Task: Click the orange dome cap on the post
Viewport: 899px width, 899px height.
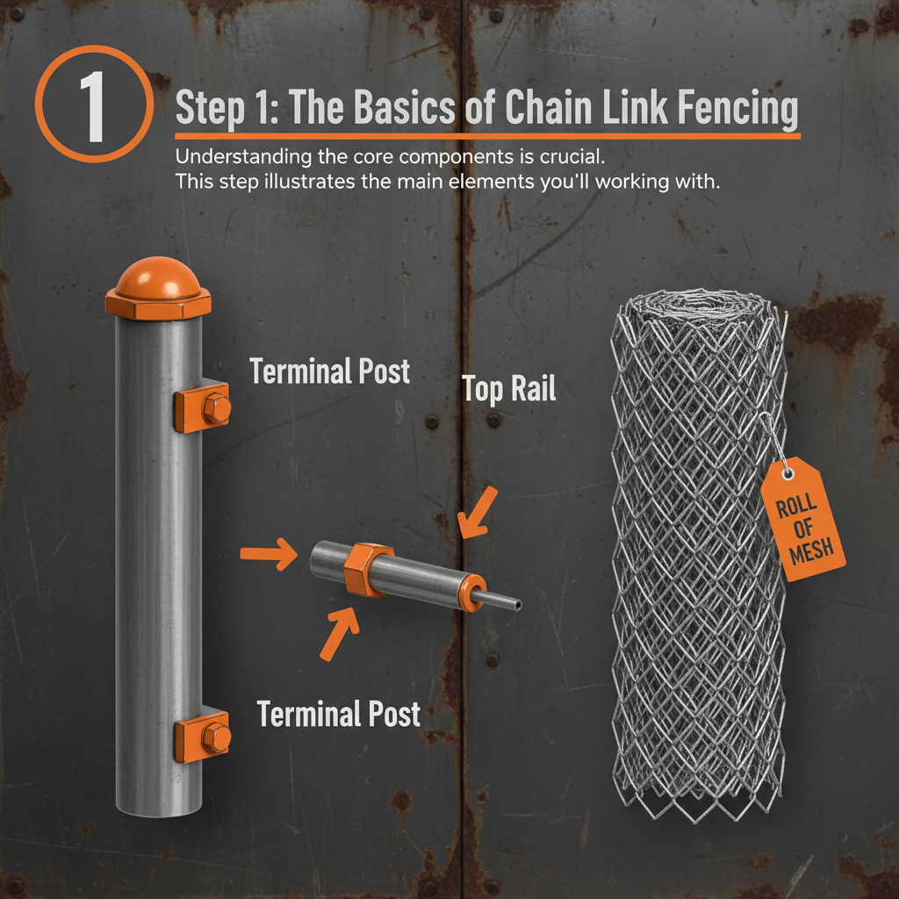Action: tap(159, 280)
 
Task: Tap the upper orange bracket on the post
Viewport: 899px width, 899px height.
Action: tap(203, 408)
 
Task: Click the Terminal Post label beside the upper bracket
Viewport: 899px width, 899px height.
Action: tap(330, 371)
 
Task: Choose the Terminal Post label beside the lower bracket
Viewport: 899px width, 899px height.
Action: tap(339, 714)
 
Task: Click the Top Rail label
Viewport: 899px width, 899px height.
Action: tap(509, 389)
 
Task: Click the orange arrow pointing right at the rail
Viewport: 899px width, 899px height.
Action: tap(268, 554)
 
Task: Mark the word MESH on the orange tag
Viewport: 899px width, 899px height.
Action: tap(816, 551)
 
